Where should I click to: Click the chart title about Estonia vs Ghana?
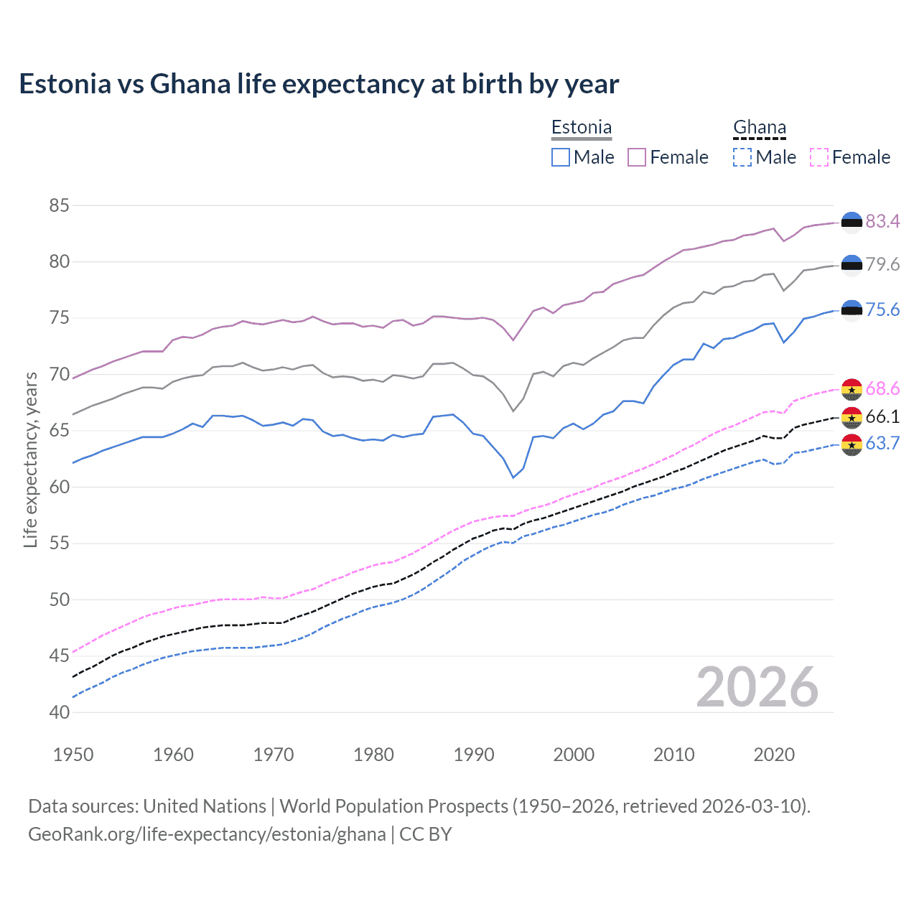coord(319,84)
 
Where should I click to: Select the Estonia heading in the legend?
coord(581,127)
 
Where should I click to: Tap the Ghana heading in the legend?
coord(759,127)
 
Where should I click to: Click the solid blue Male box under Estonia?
coord(561,157)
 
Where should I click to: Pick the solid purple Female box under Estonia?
coord(637,157)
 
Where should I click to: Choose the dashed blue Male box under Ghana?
coord(742,157)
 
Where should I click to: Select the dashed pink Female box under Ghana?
coord(818,157)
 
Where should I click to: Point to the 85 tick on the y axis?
coord(60,205)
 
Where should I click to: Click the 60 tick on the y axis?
coord(60,487)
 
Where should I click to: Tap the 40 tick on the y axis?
coord(60,712)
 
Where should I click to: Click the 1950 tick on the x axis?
coord(73,755)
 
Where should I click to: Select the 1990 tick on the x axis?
coord(474,755)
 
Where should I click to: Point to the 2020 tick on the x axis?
coord(774,755)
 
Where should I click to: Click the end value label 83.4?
coord(882,221)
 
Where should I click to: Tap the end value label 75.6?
coord(882,309)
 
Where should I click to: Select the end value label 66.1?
coord(882,416)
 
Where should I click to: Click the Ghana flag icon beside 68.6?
coord(852,389)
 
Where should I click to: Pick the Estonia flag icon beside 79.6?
coord(852,265)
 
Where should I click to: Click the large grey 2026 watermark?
coord(757,687)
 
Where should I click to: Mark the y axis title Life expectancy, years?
coord(30,459)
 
